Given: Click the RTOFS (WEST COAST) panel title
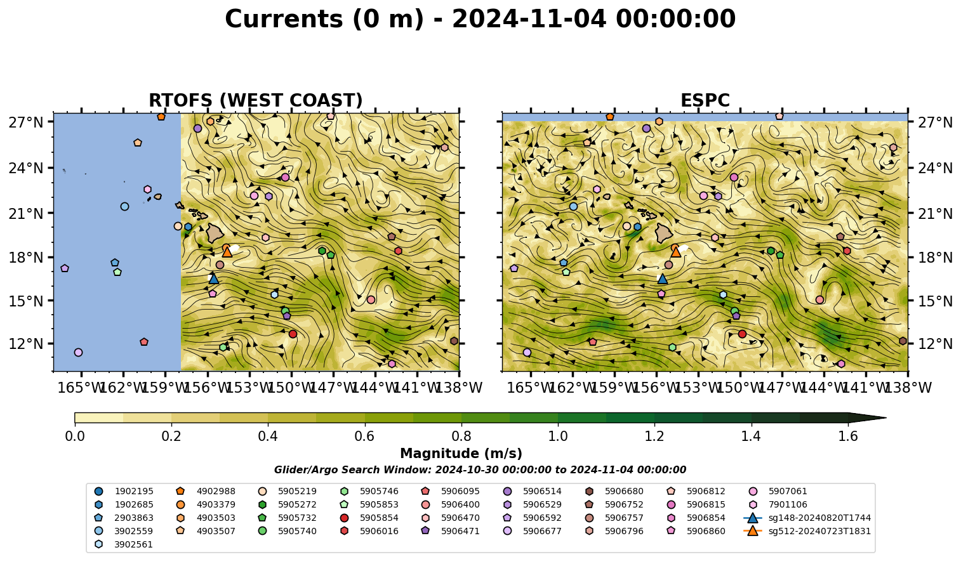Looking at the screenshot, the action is [x=256, y=100].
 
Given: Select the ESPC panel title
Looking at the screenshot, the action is [x=705, y=100].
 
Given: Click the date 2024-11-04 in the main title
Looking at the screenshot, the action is [x=529, y=19].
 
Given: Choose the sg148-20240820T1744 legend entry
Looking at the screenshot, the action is [x=807, y=518].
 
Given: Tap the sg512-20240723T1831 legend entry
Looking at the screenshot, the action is [x=807, y=531].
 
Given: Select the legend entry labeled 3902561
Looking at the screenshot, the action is [x=124, y=544].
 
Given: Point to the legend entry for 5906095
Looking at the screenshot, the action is [x=451, y=491].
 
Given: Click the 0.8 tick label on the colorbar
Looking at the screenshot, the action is [x=461, y=436].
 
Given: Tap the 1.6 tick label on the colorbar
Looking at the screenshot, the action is [x=848, y=436].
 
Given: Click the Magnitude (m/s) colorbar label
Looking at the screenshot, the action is [x=461, y=454].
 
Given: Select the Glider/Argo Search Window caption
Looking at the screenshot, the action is [x=480, y=469].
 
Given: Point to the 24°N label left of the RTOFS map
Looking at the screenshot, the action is [x=26, y=168].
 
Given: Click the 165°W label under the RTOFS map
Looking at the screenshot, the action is [x=81, y=388].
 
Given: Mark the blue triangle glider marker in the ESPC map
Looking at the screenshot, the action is [x=663, y=279].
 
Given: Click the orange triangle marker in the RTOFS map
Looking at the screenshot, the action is [x=227, y=252].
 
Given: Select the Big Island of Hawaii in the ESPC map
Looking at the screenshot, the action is [x=664, y=233].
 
